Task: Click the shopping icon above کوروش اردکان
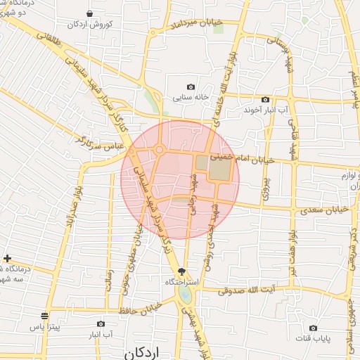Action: [x=89, y=13]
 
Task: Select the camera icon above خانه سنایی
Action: [x=190, y=86]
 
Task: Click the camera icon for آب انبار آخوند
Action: [x=265, y=99]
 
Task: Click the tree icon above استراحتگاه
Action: [x=183, y=271]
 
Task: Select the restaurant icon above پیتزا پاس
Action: [x=46, y=316]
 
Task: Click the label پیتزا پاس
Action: [x=41, y=328]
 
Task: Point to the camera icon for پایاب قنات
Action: [x=313, y=328]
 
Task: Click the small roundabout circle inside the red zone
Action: [x=160, y=149]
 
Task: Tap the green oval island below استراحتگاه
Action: [x=184, y=293]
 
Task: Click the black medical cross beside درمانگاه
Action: [x=7, y=259]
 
